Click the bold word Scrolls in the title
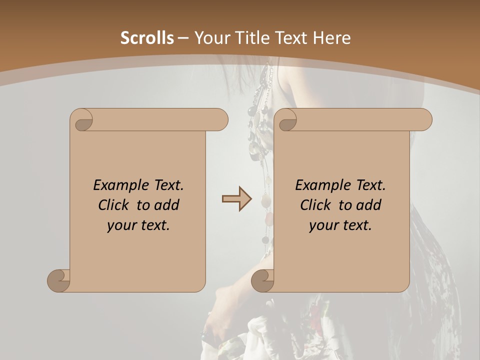point(147,38)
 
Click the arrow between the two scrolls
point(237,199)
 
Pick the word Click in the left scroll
point(115,205)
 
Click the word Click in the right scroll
point(317,205)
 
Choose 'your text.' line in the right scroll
point(340,225)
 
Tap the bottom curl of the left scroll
point(59,280)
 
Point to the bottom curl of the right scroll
point(263,280)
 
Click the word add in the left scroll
point(167,205)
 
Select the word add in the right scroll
point(369,205)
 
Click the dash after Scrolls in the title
point(183,38)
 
